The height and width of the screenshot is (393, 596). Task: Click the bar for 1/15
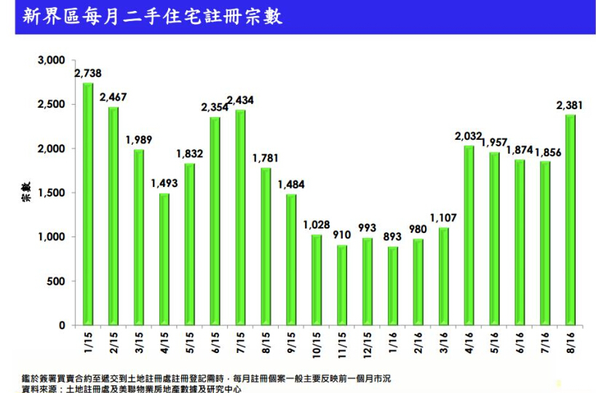[x=88, y=204]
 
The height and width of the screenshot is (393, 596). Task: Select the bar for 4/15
[x=164, y=259]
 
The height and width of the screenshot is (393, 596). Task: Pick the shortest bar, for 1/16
[x=392, y=286]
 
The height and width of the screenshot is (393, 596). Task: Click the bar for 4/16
[x=469, y=236]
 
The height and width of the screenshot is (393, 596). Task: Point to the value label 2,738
[x=88, y=73]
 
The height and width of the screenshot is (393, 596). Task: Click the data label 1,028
[x=317, y=224]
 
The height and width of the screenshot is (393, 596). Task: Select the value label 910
[x=342, y=235]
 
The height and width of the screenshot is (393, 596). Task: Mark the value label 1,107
[x=443, y=217]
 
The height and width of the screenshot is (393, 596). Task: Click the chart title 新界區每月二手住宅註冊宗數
[x=152, y=16]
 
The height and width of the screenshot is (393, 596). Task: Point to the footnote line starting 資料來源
[x=131, y=389]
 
